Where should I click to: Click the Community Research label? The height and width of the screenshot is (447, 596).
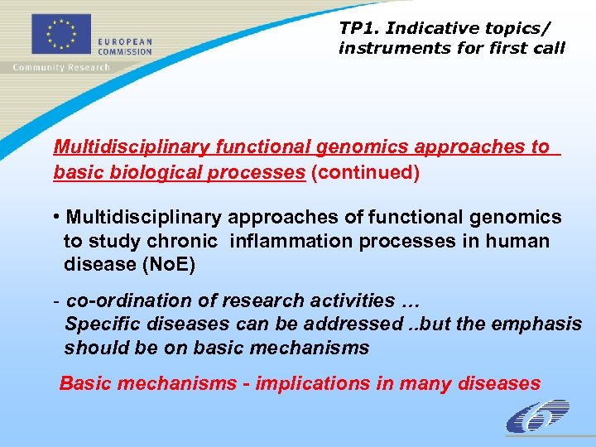click(60, 67)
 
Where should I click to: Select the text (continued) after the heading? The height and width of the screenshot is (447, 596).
click(365, 172)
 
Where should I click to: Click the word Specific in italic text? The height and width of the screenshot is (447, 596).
click(98, 324)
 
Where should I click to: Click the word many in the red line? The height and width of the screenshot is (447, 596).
click(421, 383)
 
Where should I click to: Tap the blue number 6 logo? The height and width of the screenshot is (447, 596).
click(537, 417)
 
